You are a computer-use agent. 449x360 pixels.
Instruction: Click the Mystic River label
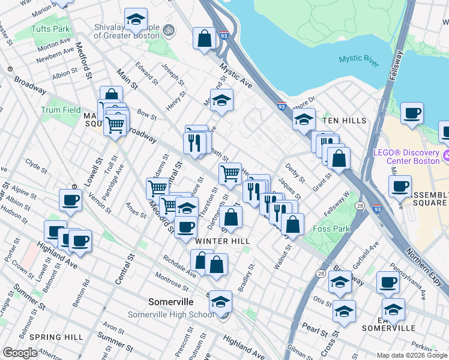[x=359, y=59]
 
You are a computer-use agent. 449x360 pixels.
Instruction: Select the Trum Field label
[x=61, y=110]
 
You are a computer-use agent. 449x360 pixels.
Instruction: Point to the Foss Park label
[x=330, y=229]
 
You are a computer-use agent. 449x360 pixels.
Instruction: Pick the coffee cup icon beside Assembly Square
[x=400, y=187]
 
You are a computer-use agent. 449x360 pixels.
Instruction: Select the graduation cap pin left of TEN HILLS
[x=304, y=119]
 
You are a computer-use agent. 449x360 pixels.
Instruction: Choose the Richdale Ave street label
[x=179, y=268]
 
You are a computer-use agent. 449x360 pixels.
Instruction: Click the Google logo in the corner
[x=20, y=353]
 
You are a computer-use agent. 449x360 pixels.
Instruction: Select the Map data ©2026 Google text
[x=412, y=355]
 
